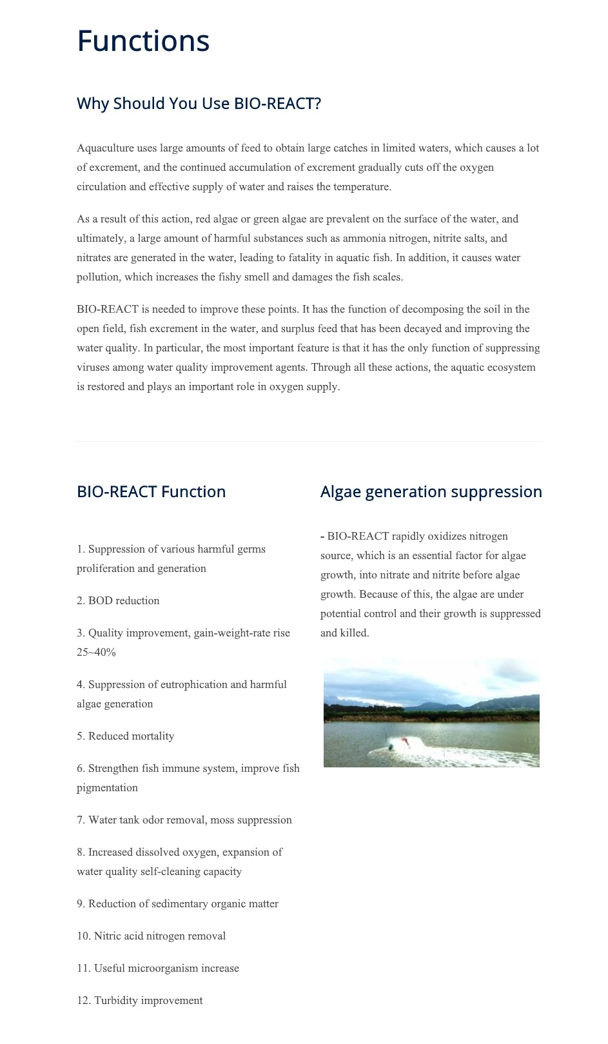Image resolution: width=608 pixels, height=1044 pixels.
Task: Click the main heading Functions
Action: (143, 41)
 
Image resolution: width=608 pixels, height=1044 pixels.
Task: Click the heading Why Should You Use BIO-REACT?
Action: (199, 104)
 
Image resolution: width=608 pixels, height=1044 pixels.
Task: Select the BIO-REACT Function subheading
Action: (151, 492)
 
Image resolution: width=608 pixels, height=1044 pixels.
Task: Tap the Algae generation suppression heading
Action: (431, 492)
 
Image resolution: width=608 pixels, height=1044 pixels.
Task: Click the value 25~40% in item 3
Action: (96, 653)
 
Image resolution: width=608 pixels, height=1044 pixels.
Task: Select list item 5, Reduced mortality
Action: (125, 736)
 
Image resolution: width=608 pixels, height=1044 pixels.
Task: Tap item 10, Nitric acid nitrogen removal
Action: (151, 936)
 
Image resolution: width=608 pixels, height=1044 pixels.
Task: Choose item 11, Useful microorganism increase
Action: (157, 969)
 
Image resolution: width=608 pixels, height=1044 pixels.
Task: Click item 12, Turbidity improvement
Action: (139, 1001)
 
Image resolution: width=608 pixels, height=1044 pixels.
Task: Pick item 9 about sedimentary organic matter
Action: (177, 904)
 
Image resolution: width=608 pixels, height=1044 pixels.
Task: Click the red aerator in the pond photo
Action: (404, 742)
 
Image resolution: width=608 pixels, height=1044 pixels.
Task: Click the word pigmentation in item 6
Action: (107, 788)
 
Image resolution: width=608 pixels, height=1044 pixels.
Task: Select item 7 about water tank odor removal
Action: (184, 820)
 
